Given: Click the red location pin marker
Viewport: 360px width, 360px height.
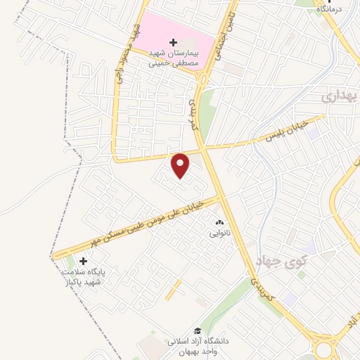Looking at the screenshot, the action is pos(181,165).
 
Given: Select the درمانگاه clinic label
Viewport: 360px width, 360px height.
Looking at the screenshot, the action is pos(333,9).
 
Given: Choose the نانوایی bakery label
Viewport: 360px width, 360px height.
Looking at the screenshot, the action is pos(219,232).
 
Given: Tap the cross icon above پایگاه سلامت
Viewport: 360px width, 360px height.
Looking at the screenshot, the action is pos(83,261).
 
